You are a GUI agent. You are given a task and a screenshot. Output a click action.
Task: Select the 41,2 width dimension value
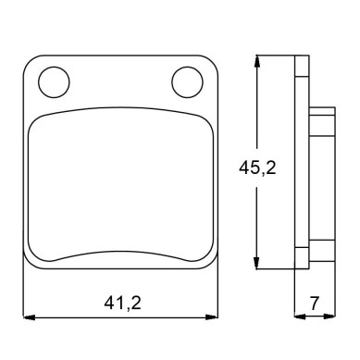click(x=122, y=303)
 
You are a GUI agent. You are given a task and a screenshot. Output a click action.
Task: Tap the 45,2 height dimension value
click(x=257, y=168)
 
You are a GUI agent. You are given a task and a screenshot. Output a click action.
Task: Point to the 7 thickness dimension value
click(x=314, y=303)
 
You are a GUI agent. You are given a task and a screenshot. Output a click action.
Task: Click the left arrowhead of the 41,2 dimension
click(x=29, y=317)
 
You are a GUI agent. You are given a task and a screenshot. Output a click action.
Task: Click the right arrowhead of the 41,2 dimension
click(x=212, y=317)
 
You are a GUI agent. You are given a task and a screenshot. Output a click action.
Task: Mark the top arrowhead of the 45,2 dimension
click(x=256, y=61)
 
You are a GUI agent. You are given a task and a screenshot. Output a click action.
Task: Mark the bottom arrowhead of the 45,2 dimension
click(x=256, y=264)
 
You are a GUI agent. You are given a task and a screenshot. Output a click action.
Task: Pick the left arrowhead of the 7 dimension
click(x=300, y=317)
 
